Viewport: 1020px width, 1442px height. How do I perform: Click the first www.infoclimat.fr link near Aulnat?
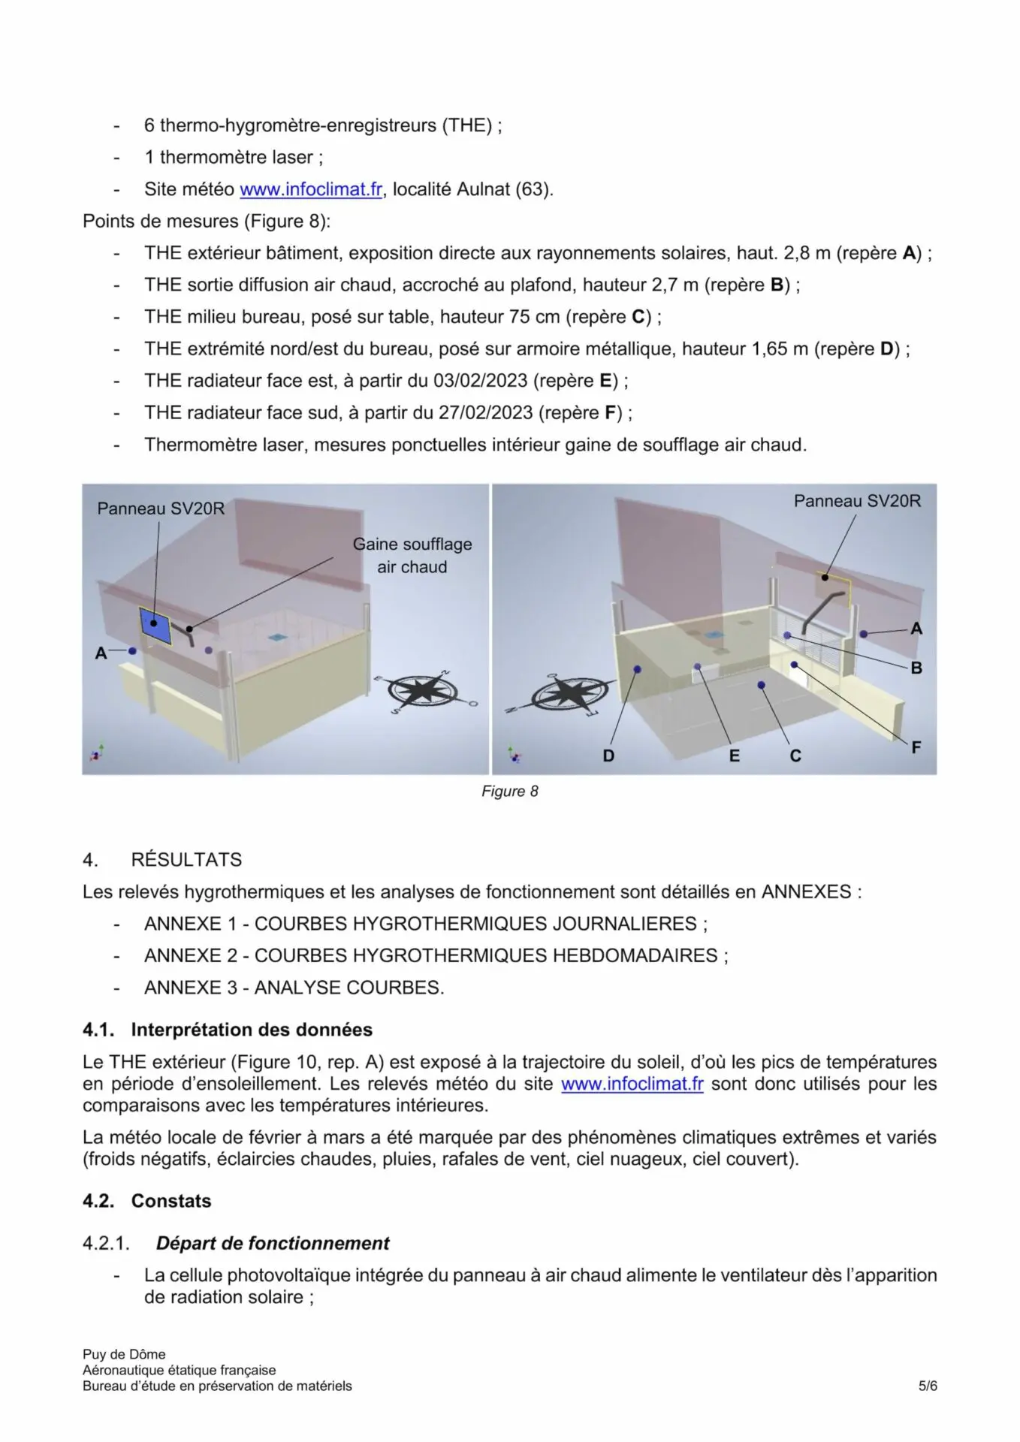click(311, 189)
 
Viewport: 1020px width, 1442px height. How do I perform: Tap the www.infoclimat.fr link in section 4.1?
click(632, 1084)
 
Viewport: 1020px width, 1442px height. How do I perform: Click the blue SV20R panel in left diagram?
click(155, 624)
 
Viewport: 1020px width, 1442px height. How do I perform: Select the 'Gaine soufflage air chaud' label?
click(412, 555)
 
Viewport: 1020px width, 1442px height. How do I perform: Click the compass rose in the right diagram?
click(570, 692)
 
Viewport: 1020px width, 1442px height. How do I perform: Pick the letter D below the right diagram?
click(608, 756)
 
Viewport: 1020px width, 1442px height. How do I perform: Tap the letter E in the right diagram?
click(734, 756)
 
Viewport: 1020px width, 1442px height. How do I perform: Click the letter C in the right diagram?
click(795, 756)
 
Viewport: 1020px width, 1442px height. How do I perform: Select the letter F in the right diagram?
click(916, 747)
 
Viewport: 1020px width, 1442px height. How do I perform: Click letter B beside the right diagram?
click(916, 668)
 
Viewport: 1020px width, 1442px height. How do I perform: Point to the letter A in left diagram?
click(101, 653)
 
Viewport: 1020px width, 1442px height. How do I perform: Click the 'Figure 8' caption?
click(509, 791)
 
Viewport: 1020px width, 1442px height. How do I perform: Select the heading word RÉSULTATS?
click(186, 859)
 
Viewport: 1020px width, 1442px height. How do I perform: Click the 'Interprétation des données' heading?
click(252, 1030)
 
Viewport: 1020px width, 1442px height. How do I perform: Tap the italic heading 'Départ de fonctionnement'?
click(273, 1243)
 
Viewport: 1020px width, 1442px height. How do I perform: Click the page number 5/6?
click(928, 1386)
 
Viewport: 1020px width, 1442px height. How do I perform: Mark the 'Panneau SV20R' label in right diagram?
click(857, 501)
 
